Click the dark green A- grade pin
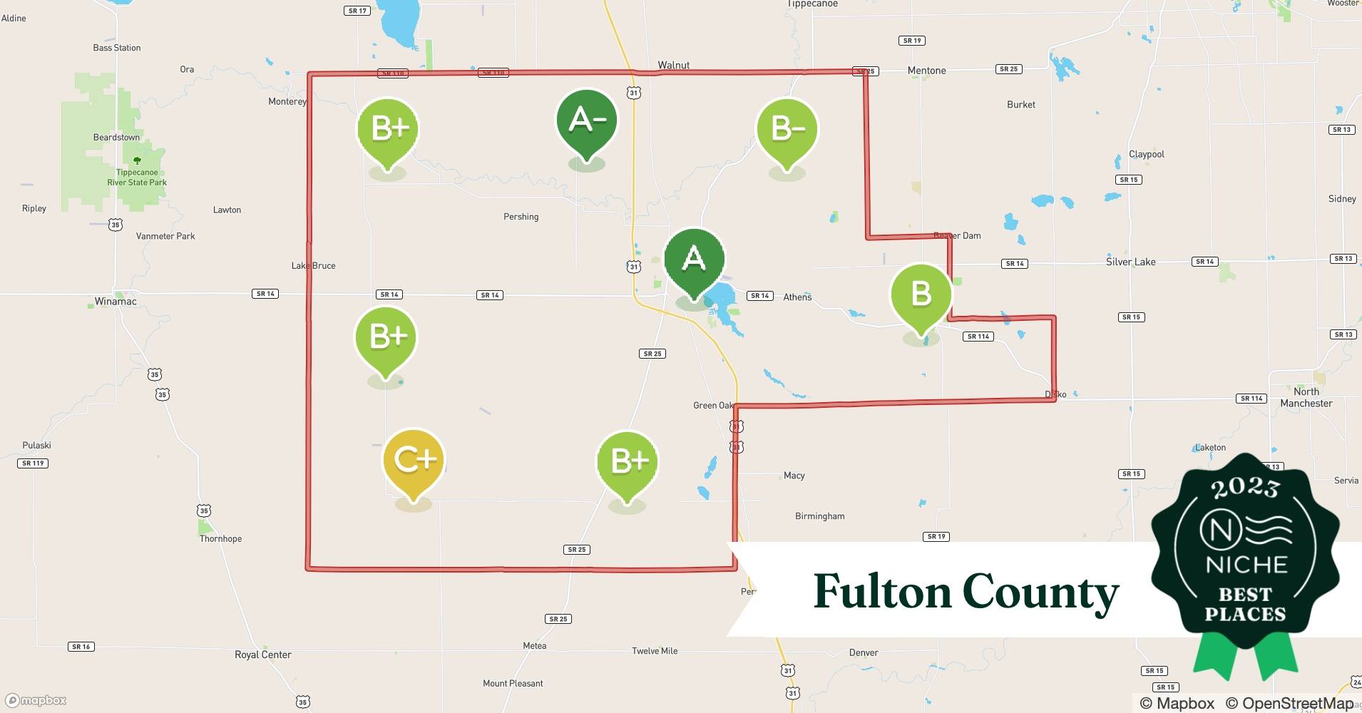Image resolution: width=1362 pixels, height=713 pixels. point(586,122)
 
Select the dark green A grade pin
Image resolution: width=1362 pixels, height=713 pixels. point(694,260)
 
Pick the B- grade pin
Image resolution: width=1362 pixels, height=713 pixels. point(787,130)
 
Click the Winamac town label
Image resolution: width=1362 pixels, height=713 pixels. point(116,302)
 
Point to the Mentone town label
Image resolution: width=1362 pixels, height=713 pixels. point(926,71)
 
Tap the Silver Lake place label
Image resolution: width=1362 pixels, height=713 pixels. point(1130,262)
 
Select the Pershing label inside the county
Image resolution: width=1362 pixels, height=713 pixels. point(521,217)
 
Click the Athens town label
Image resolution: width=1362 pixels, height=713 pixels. point(797,297)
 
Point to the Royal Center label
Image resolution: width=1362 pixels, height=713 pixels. point(262,655)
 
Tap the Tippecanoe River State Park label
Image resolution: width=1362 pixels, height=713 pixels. point(137,178)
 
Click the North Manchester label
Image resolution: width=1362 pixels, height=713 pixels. point(1306,397)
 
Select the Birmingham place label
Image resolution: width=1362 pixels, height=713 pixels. point(819,516)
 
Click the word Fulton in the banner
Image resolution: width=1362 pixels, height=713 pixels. point(882,592)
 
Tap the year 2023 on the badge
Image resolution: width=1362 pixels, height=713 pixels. point(1245,487)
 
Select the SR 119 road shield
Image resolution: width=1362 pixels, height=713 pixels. point(33,463)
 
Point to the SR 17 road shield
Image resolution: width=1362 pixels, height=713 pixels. point(357,11)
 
